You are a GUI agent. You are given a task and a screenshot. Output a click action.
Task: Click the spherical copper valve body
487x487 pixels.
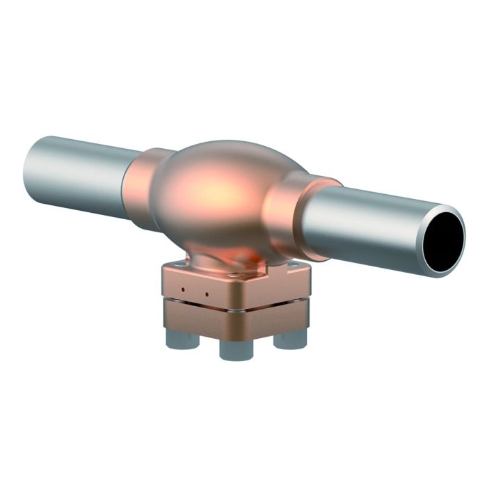point(223,195)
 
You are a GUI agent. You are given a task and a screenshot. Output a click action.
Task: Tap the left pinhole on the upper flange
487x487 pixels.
point(182,289)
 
